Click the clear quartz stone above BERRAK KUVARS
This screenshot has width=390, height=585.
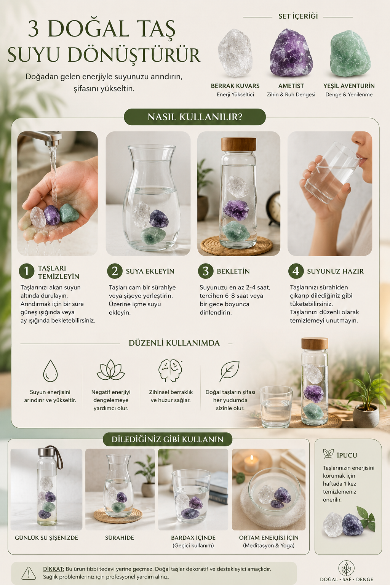[x=235, y=53]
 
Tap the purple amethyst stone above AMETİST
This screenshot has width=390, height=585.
[x=291, y=53]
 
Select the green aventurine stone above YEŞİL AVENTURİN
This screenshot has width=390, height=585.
[x=350, y=54]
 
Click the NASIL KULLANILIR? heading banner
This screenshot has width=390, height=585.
[x=195, y=117]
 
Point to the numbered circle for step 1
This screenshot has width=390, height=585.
[x=26, y=271]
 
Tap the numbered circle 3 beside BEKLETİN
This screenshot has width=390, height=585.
[x=206, y=271]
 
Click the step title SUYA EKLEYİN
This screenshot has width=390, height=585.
[x=150, y=271]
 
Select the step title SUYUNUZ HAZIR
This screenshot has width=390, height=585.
[x=335, y=271]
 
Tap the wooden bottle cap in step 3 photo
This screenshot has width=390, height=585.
[x=238, y=144]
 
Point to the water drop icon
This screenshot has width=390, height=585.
[x=50, y=371]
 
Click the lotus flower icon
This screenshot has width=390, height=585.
[x=110, y=370]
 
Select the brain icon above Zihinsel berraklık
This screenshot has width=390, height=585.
[x=170, y=371]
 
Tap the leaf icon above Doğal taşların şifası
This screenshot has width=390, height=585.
[x=229, y=371]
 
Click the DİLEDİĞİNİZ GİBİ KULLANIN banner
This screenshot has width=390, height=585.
[x=168, y=439]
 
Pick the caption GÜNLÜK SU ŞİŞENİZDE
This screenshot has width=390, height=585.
[x=46, y=538]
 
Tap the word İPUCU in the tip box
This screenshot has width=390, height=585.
[x=347, y=455]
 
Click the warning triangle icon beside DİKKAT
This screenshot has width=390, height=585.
[x=29, y=573]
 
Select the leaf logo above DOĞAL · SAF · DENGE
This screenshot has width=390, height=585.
[x=346, y=568]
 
